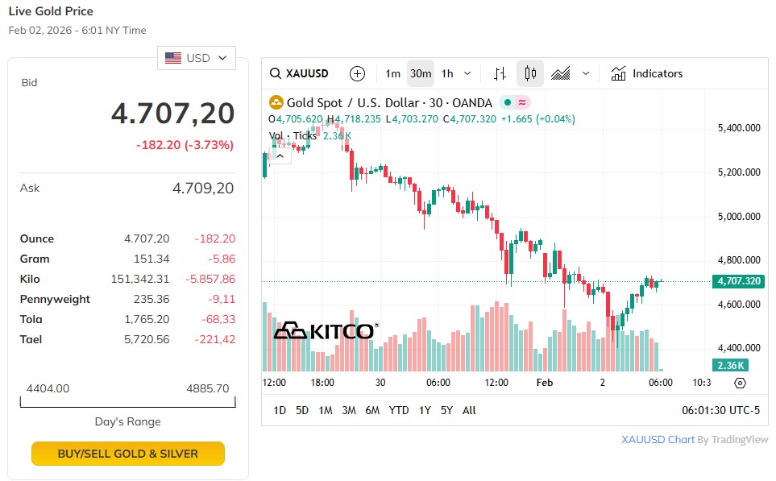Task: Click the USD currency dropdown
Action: (197, 58)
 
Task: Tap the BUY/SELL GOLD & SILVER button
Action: (127, 454)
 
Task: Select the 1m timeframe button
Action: (392, 73)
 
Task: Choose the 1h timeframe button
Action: (447, 73)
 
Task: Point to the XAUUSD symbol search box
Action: (300, 73)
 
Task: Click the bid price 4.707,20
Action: (172, 114)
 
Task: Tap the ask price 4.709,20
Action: (203, 188)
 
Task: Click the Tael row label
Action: (31, 339)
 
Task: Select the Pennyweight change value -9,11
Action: (219, 299)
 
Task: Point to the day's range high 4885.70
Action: (207, 388)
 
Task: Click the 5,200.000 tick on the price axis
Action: (739, 172)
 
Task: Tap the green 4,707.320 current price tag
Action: (737, 281)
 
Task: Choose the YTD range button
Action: (399, 410)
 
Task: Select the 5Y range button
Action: (446, 410)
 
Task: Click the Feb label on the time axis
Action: (546, 383)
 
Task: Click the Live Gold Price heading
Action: (51, 11)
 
